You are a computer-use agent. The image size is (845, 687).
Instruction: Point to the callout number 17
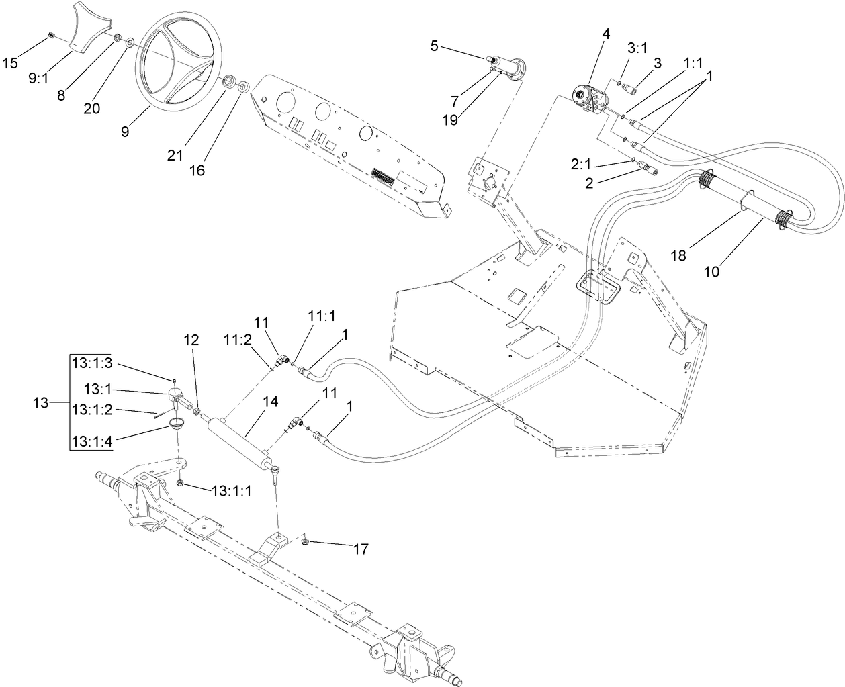pyautogui.click(x=361, y=549)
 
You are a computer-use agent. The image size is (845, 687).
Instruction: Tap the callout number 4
pyautogui.click(x=606, y=32)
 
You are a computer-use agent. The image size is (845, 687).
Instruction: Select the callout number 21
pyautogui.click(x=176, y=155)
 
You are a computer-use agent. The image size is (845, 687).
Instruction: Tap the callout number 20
pyautogui.click(x=92, y=107)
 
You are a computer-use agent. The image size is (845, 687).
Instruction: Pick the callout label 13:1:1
pyautogui.click(x=231, y=491)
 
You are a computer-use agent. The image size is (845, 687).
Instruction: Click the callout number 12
pyautogui.click(x=191, y=340)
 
